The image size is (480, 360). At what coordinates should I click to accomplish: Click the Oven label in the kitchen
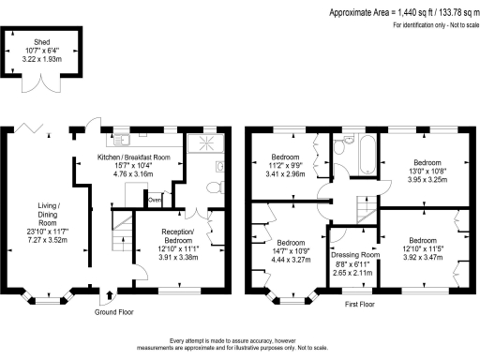(x=155, y=199)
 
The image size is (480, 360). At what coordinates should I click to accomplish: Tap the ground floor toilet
(x=212, y=187)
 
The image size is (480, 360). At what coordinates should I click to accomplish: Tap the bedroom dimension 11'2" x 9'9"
(x=286, y=166)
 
